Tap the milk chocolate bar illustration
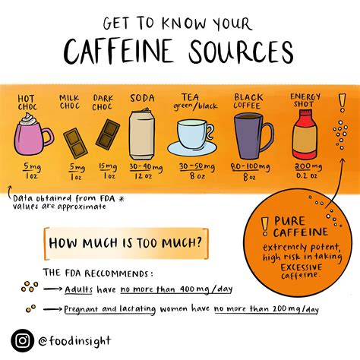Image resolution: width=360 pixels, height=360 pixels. pos(74,144)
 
